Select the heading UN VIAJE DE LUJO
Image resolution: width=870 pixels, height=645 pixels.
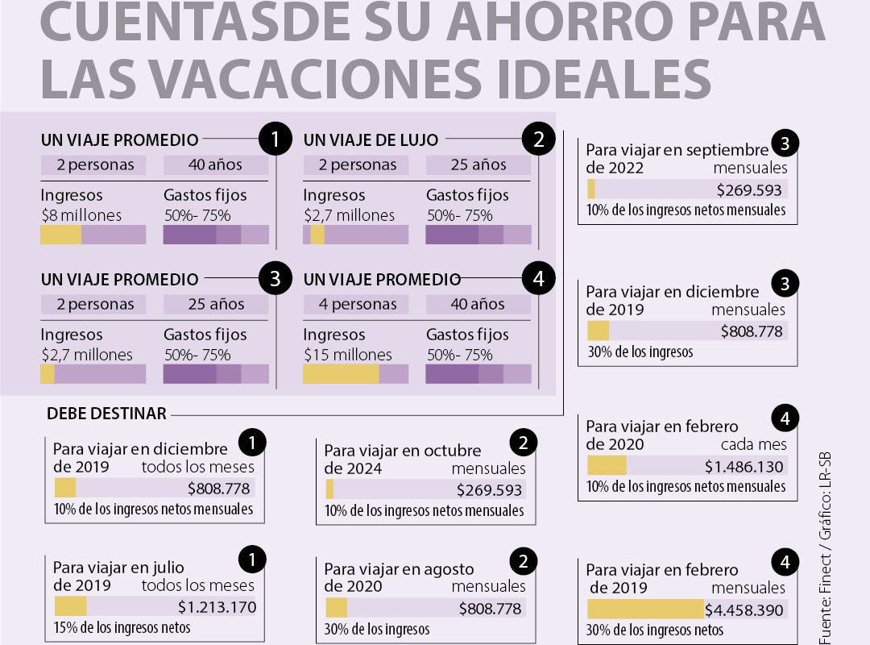371,140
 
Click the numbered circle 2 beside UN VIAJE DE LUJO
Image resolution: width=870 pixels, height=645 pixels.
538,140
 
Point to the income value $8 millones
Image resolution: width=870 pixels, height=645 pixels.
81,215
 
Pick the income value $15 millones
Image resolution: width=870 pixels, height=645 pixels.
347,355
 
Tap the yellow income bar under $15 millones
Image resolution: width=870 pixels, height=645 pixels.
341,374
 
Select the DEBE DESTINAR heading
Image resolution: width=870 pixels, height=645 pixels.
106,414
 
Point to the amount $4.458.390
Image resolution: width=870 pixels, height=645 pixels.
744,610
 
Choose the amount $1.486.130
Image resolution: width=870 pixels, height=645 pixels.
744,466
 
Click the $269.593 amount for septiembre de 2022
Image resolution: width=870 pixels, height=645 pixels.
749,190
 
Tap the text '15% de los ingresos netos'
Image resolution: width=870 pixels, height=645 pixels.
122,627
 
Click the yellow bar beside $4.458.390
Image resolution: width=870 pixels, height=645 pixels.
645,610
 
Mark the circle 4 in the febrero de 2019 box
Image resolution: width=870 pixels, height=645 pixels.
785,562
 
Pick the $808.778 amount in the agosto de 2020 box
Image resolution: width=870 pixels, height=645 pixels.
490,609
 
